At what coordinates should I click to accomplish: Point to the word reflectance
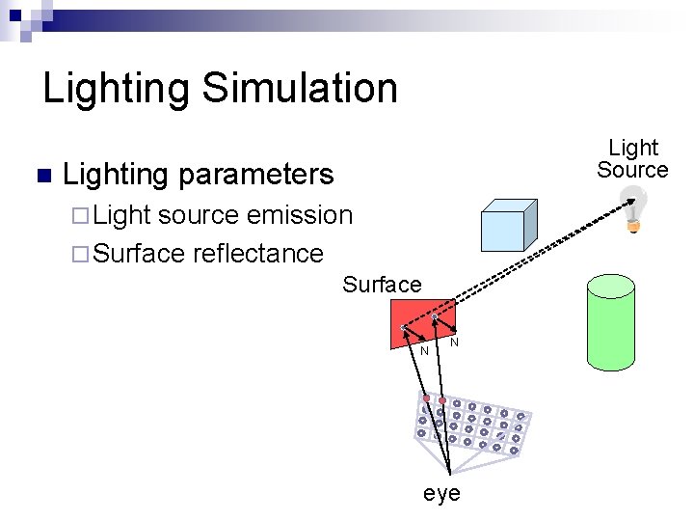[257, 253]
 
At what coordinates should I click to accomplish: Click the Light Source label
[632, 159]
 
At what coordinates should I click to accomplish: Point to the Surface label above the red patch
[382, 285]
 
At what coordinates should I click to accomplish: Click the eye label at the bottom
[441, 494]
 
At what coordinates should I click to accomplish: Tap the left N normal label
[424, 350]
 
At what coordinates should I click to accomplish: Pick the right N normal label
[454, 343]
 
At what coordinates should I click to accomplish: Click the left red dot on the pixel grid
[425, 398]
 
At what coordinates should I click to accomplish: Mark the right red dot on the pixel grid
[442, 399]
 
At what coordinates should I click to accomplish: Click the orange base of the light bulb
[633, 227]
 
